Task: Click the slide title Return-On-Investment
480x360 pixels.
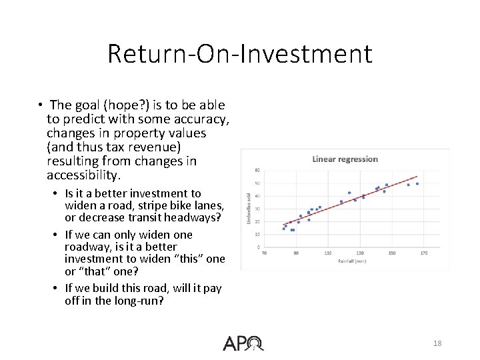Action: (240, 53)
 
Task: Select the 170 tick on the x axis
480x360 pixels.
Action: (423, 253)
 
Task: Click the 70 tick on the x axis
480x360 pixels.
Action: (264, 253)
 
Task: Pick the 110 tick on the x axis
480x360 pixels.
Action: (328, 253)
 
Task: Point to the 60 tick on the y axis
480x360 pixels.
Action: (257, 170)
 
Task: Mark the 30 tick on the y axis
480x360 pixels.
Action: (257, 209)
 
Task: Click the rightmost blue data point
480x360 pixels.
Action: (417, 183)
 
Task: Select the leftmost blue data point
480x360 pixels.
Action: (283, 229)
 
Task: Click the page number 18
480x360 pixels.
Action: (437, 343)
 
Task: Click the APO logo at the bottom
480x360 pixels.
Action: (243, 343)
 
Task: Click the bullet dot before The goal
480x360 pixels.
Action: (41, 105)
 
